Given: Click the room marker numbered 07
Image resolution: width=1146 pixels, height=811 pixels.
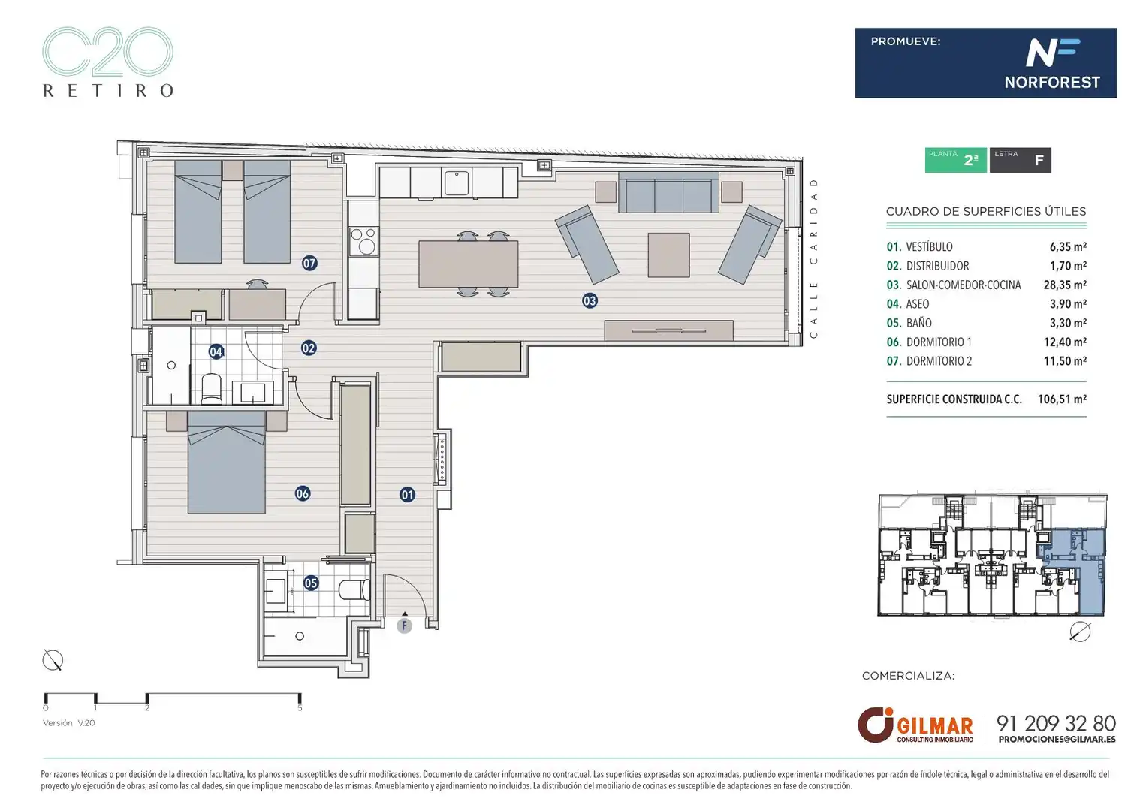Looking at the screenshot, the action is point(309,264).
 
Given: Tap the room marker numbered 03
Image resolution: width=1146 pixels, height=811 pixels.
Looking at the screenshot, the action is point(590,301).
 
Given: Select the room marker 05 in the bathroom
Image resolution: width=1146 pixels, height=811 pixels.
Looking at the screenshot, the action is point(311,583).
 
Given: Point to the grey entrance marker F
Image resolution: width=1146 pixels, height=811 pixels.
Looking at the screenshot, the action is point(404,626).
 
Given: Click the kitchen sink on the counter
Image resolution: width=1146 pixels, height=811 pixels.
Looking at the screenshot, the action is point(457,183).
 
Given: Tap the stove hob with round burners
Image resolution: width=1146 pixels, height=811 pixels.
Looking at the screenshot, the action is point(363,242).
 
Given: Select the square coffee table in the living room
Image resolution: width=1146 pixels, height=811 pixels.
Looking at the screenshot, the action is point(668,255).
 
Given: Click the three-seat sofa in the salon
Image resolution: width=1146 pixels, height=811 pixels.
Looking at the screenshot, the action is point(668,192).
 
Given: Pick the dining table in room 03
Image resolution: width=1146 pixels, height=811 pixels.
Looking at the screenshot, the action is point(468,264).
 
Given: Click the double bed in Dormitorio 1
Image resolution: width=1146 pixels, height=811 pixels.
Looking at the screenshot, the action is point(227,463).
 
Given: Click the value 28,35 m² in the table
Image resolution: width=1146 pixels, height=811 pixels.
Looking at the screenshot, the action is point(1065,285).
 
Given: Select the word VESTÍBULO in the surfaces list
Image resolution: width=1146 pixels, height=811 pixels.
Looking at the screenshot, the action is point(929,246).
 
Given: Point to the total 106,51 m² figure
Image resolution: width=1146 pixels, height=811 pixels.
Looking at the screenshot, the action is point(1062,399).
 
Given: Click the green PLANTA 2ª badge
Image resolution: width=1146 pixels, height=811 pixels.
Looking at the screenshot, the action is point(956,160).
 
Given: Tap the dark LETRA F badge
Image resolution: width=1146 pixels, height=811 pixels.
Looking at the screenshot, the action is point(1020,160).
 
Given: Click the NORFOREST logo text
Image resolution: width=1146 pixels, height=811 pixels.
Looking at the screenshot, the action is point(1052,82).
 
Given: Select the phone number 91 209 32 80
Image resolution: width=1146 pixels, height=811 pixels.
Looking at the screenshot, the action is point(1056,723).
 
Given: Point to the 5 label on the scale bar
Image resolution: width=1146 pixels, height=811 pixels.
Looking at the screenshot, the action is point(300,708).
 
